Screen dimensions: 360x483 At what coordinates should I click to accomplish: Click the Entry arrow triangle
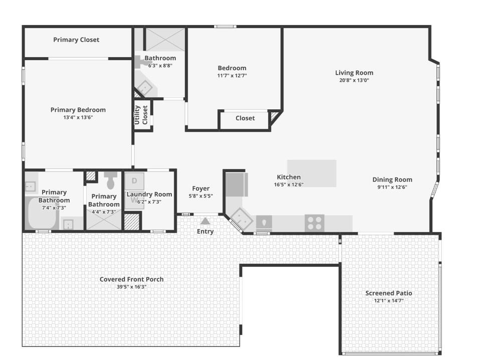coord(205,221)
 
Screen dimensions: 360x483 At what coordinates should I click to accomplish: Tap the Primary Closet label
coord(76,40)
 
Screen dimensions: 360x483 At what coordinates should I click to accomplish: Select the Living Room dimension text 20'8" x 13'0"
coord(354,80)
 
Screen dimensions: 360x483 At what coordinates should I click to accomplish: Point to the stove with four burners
coord(314,223)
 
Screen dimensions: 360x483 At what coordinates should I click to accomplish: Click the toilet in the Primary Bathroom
coord(111,180)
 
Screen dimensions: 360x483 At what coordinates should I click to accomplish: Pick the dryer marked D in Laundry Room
coord(134,181)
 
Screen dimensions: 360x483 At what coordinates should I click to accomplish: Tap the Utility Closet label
coord(141,115)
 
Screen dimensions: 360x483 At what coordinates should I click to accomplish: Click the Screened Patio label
coord(388,293)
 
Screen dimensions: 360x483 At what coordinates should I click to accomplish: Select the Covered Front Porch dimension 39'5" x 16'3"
coord(131,287)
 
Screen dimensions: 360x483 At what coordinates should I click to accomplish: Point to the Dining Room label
coord(392,179)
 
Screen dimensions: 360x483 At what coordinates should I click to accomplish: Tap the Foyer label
coord(200,189)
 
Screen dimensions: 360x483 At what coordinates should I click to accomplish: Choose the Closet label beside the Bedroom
coord(245,118)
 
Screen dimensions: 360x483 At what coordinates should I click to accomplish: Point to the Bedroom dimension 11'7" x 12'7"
coord(231,76)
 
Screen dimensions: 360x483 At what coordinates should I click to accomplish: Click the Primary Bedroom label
coord(78,110)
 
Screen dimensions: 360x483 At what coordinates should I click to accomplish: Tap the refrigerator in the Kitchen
coord(236,185)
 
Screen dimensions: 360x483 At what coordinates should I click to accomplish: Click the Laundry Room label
coord(149,195)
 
